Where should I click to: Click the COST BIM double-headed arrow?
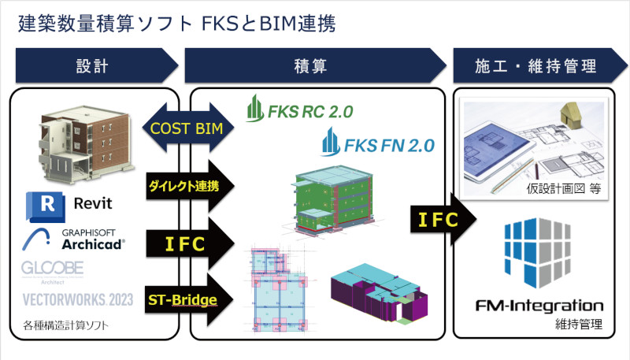tap(187, 128)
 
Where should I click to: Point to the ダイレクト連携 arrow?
tap(187, 186)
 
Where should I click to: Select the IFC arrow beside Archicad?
tap(187, 243)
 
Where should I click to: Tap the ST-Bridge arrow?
tap(187, 299)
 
